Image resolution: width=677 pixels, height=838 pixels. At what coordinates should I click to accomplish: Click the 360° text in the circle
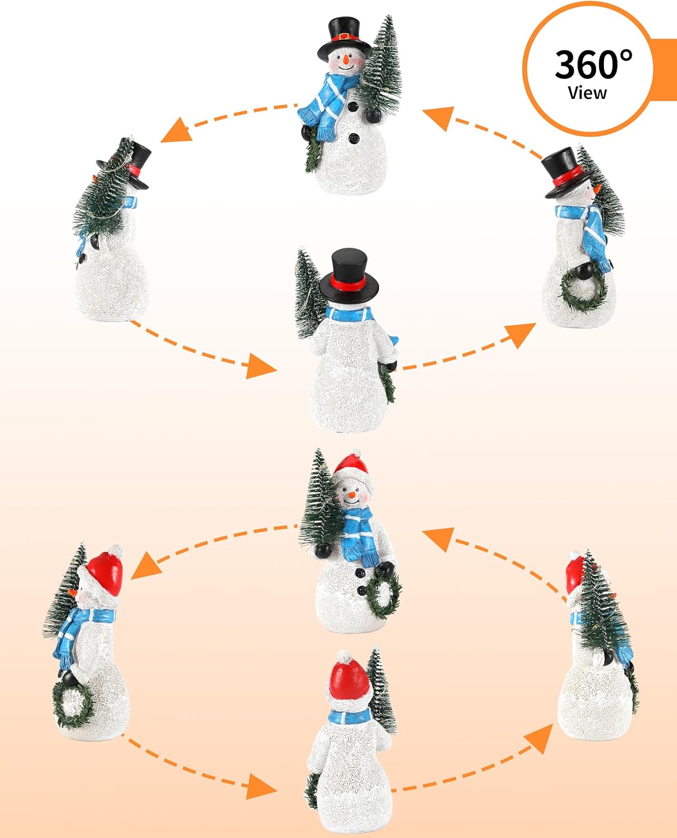coord(593,64)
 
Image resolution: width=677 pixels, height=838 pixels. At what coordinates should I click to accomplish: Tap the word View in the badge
coord(587,93)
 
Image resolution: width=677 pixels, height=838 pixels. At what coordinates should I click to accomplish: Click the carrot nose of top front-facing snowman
coord(346,58)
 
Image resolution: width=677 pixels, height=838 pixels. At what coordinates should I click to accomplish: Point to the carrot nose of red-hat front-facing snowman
coord(352,494)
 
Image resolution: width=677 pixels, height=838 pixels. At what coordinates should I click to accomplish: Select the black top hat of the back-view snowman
coord(350,273)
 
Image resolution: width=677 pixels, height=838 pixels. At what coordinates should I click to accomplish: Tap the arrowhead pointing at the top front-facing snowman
coord(437,118)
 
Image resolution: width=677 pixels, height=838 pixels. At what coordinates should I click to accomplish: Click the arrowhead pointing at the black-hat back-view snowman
coord(261,366)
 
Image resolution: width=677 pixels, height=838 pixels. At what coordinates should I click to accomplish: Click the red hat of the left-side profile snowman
coord(107,573)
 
